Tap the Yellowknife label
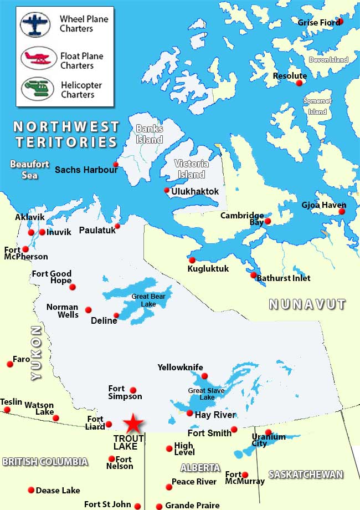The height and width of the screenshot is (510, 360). pos(180,368)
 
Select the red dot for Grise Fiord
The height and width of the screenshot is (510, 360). pos(341,21)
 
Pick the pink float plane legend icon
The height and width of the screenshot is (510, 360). pos(39,57)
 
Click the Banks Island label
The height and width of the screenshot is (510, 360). pos(150,134)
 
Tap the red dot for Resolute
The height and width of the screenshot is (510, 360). pos(300,83)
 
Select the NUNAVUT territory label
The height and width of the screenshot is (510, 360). pos(307,304)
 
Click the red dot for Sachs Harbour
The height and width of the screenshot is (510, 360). pos(116,164)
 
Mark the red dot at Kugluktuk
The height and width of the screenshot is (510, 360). pos(192,260)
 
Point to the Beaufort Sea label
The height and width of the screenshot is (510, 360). pos(29,169)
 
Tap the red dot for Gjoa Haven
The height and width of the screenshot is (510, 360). pos(342,211)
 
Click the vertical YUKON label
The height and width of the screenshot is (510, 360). pos(36,353)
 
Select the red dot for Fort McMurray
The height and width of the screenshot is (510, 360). pos(245,475)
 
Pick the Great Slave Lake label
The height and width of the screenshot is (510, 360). pos(205,394)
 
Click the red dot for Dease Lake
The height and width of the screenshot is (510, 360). pos(30,490)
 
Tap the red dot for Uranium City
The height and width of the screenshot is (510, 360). pos(269,432)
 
